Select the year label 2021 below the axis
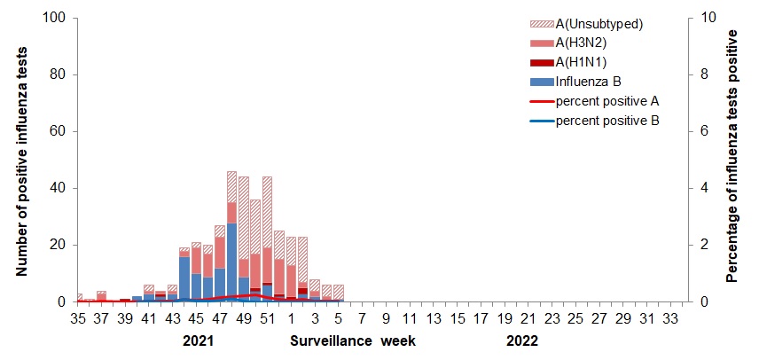[198, 340]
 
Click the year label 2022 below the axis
[520, 340]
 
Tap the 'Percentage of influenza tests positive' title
[732, 155]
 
